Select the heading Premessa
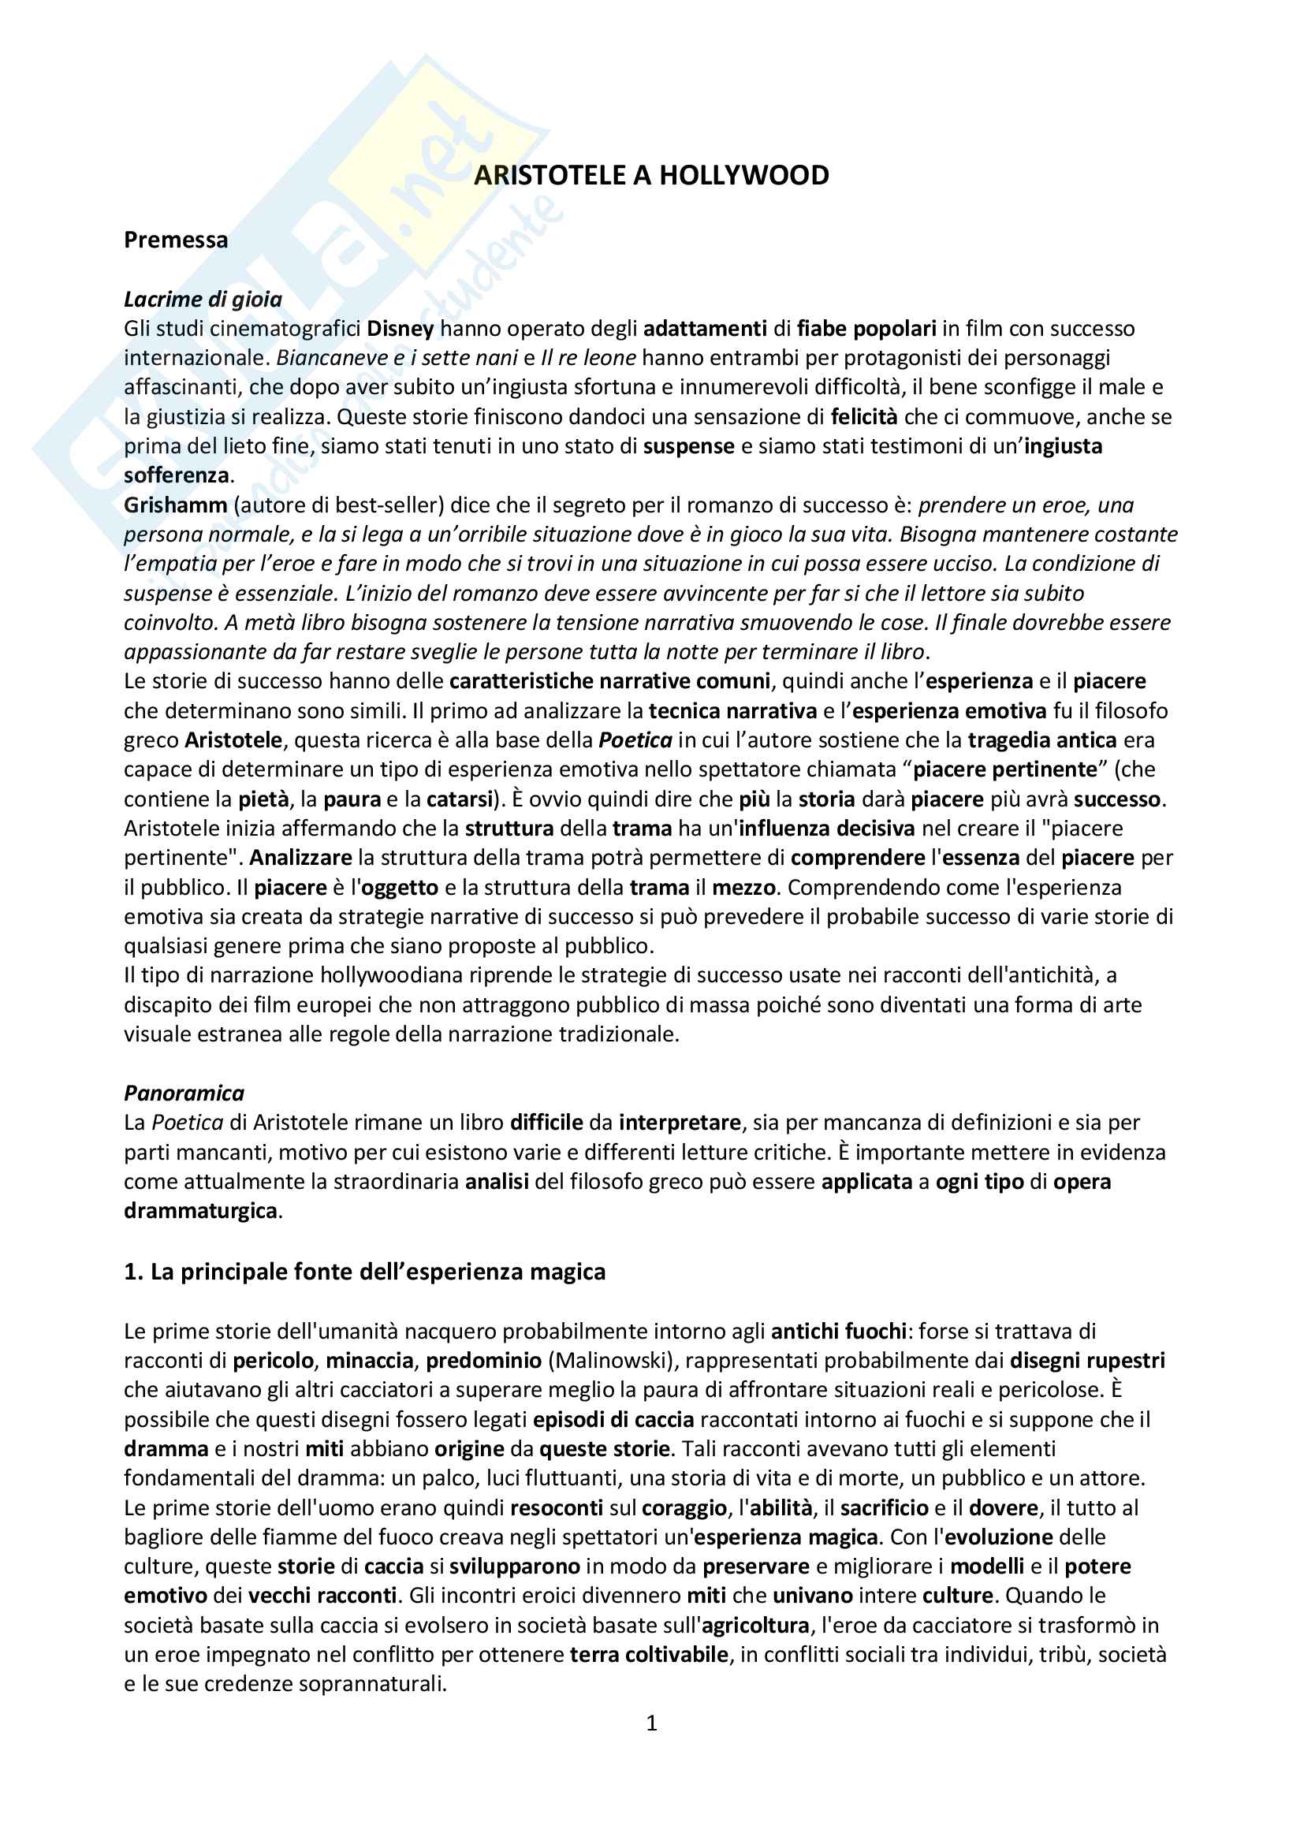(176, 240)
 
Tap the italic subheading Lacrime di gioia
(203, 300)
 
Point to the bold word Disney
(400, 329)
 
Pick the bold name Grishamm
(176, 505)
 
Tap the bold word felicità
(864, 417)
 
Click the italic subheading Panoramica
(184, 1093)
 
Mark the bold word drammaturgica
(201, 1211)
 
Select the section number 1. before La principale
(133, 1272)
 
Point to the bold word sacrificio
(884, 1507)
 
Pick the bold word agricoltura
(754, 1626)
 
